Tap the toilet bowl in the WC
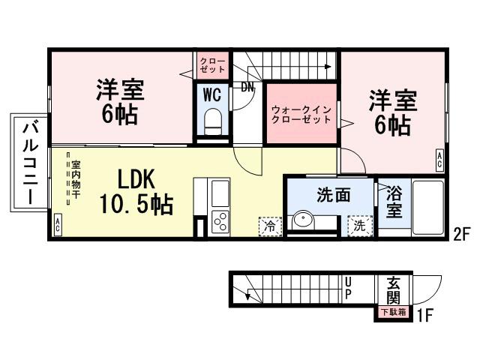(213, 120)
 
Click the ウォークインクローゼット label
(301, 114)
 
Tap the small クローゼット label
(212, 65)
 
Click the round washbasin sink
(304, 221)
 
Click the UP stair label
(348, 289)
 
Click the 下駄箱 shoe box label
(394, 312)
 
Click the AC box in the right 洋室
(439, 157)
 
